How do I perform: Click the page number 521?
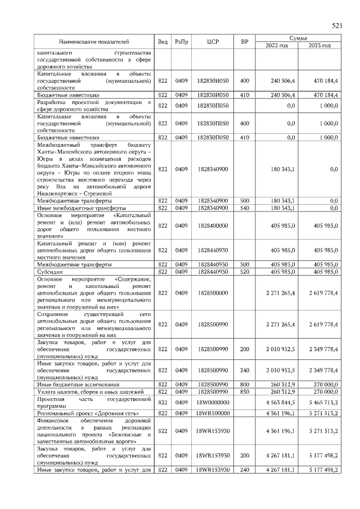coord(337,26)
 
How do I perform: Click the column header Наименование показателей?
coord(94,42)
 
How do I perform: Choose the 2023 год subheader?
coord(319,46)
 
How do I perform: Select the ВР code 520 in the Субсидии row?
coord(244,272)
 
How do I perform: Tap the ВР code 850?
coord(244,391)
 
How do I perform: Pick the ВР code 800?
coord(244,384)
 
